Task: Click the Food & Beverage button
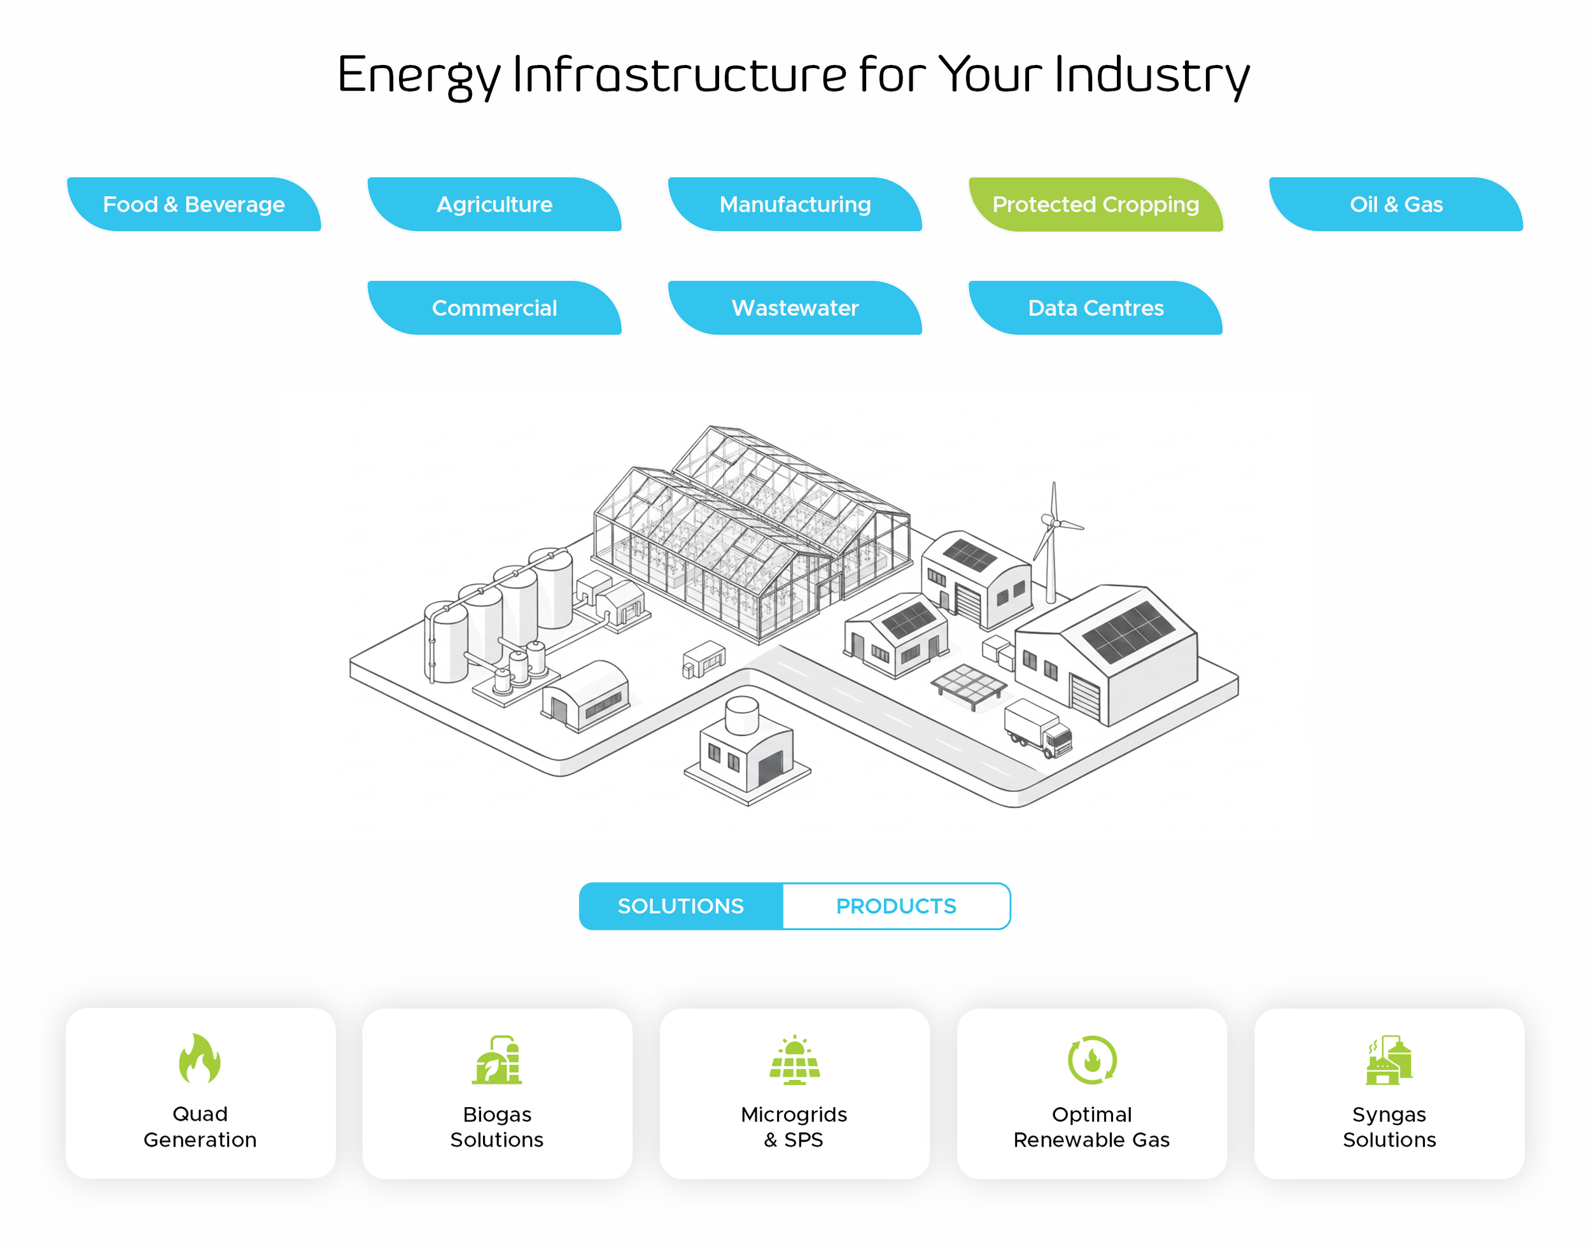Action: pyautogui.click(x=194, y=204)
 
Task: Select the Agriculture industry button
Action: pyautogui.click(x=494, y=204)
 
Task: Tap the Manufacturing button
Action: pyautogui.click(x=795, y=204)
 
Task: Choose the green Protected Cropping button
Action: pyautogui.click(x=1095, y=204)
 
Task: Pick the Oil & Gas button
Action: pyautogui.click(x=1396, y=204)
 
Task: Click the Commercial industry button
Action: pyautogui.click(x=494, y=308)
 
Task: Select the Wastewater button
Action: pyautogui.click(x=795, y=308)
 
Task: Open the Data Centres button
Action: pyautogui.click(x=1095, y=308)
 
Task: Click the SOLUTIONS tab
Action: pyautogui.click(x=681, y=906)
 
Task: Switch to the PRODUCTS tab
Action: pyautogui.click(x=896, y=906)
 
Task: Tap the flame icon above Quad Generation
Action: pyautogui.click(x=200, y=1059)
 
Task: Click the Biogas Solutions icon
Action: pyautogui.click(x=497, y=1059)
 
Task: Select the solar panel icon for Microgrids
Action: pyautogui.click(x=795, y=1059)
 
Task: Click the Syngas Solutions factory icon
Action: pyautogui.click(x=1389, y=1060)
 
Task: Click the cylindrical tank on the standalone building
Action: pyautogui.click(x=742, y=715)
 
